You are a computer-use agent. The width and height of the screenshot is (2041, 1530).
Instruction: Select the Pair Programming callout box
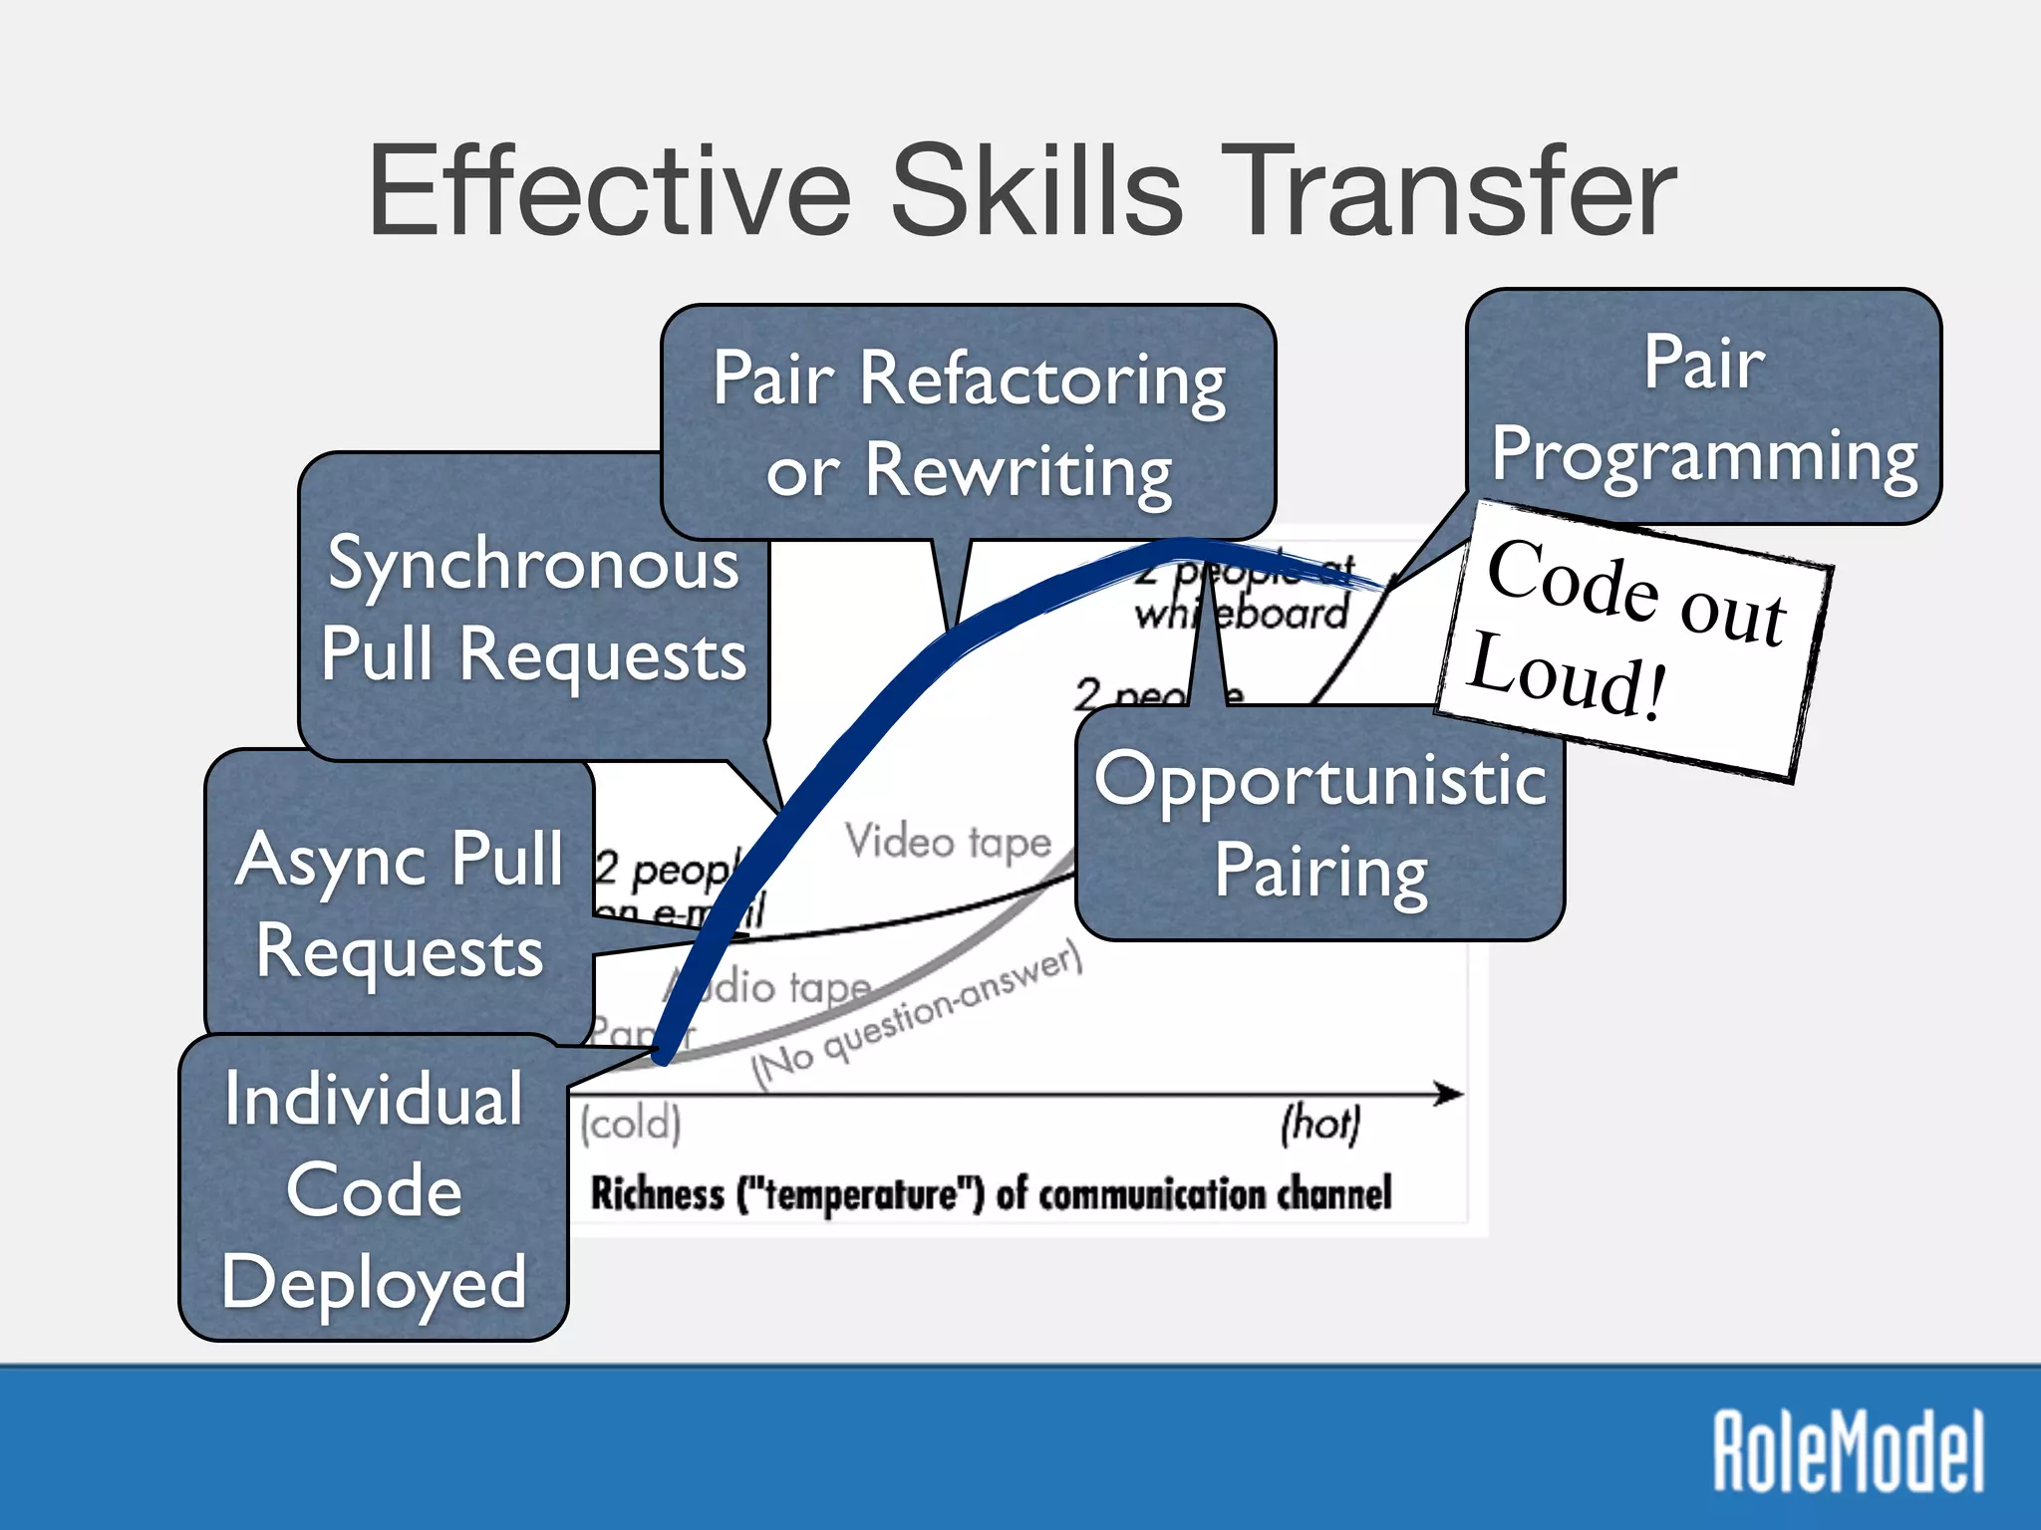(1703, 407)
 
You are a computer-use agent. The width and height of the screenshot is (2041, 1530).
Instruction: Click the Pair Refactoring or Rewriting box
(968, 423)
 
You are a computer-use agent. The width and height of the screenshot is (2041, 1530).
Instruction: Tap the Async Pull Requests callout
(400, 901)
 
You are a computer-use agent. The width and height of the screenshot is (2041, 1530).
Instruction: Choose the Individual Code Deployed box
(373, 1189)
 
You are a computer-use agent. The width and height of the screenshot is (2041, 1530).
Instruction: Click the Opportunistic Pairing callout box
(1319, 823)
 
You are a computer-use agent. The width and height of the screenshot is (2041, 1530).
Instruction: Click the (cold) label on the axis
(631, 1124)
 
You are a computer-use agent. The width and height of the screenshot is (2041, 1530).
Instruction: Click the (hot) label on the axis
(1319, 1124)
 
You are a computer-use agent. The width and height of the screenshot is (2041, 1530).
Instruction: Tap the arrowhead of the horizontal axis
(1451, 1094)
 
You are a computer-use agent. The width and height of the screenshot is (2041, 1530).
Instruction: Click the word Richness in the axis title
(657, 1193)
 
